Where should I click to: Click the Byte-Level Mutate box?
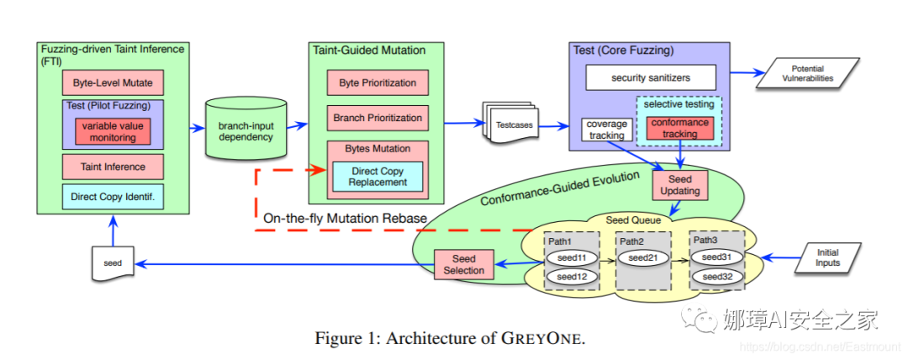[x=113, y=82]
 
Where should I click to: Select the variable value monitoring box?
[x=113, y=130]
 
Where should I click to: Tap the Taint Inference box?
[x=113, y=167]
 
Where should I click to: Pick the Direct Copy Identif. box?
[x=113, y=198]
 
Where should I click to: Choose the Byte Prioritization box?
[x=377, y=82]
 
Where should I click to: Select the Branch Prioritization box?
[x=377, y=118]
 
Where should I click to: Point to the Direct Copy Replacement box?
[x=377, y=176]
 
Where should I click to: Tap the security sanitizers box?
[x=651, y=77]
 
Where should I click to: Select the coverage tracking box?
[x=606, y=130]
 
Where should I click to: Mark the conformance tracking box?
[x=679, y=128]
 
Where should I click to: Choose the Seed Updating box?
[x=679, y=185]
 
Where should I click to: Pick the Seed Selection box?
[x=463, y=264]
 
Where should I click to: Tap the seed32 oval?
[x=716, y=277]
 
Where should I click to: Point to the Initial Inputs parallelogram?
[x=827, y=257]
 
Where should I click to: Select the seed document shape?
[x=113, y=263]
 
